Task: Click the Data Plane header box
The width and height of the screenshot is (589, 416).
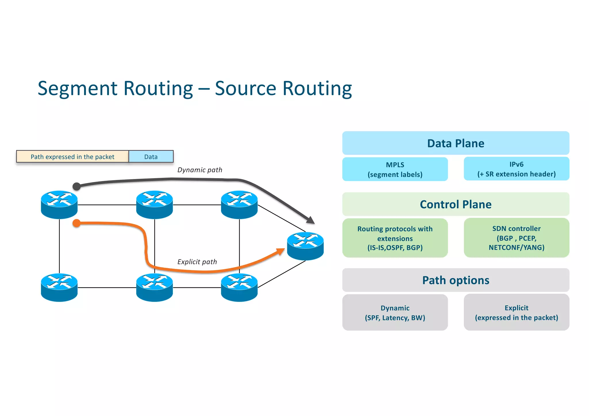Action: coord(456,143)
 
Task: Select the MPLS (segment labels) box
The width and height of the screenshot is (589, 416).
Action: coord(395,170)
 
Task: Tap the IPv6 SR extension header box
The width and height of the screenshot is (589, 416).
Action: coord(516,169)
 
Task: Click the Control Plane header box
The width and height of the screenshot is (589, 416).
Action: coord(456,204)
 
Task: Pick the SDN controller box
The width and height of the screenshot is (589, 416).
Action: coord(516,238)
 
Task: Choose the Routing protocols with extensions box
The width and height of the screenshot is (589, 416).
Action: coord(395,238)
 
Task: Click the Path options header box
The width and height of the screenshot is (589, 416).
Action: coord(456,280)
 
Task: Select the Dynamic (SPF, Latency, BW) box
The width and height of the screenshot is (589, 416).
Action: coord(395,313)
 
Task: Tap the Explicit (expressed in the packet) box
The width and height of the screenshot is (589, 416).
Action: coord(516,313)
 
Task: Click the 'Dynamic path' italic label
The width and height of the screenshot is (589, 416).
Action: coord(200,170)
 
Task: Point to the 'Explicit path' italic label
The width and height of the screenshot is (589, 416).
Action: coord(197,262)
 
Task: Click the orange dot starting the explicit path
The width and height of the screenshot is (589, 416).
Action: coord(77,223)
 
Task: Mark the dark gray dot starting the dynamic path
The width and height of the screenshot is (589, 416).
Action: coord(77,186)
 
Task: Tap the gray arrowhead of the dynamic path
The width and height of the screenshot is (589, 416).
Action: coord(311,220)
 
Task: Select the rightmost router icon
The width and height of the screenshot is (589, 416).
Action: coord(305,246)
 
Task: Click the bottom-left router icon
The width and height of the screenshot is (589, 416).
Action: coord(59,287)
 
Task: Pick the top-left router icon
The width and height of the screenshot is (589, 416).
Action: coord(59,205)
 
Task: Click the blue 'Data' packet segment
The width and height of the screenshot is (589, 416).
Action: coord(151,157)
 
